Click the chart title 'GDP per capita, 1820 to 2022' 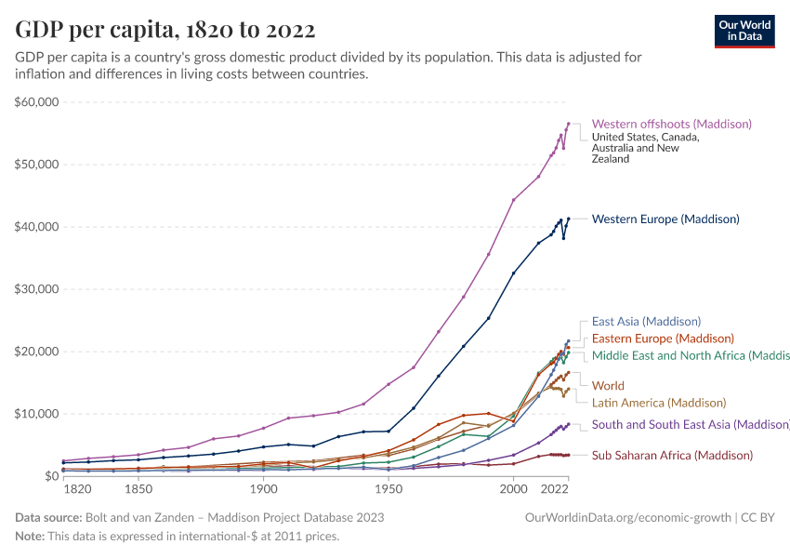coord(165,30)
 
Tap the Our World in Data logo coord(744,31)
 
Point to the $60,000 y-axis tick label coord(37,102)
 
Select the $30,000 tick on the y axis coord(37,289)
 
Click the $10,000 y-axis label coord(37,414)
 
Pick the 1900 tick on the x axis coord(263,489)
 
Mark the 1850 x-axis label coord(138,489)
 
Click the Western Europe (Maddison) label coord(665,219)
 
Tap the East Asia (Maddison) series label coord(646,322)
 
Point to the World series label coord(608,385)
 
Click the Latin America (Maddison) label coord(659,403)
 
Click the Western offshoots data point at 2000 coord(513,200)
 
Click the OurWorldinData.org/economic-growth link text coord(629,517)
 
